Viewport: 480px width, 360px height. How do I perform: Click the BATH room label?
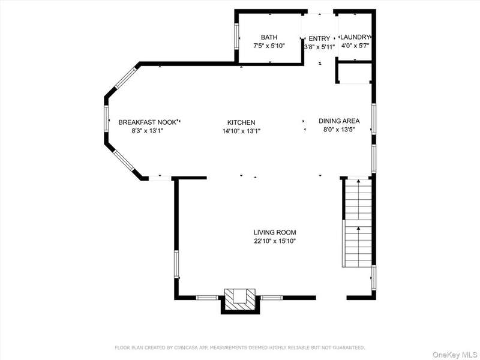(x=269, y=37)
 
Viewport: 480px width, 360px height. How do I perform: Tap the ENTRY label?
(x=319, y=38)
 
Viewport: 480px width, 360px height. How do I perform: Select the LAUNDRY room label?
(x=355, y=37)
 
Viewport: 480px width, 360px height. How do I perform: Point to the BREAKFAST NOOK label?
(x=147, y=122)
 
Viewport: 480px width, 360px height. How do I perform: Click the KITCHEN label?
(x=241, y=122)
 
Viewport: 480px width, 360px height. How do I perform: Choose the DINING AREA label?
(x=339, y=121)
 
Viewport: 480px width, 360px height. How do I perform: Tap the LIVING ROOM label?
(x=275, y=232)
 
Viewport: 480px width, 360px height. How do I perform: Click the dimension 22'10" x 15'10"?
(x=275, y=241)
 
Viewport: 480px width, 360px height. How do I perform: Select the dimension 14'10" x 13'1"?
(x=241, y=131)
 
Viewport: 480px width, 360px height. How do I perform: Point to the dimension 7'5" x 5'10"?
(x=269, y=46)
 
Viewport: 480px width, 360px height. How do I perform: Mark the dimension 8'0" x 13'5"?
(x=339, y=130)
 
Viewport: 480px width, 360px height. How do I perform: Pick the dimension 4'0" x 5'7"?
(x=355, y=46)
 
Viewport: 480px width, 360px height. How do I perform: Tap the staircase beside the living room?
(x=358, y=223)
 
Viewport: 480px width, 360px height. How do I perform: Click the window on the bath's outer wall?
(x=236, y=36)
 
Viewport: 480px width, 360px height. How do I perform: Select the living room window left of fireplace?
(x=207, y=297)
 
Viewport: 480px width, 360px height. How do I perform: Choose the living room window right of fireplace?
(x=272, y=297)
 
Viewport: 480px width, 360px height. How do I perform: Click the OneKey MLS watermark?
(x=455, y=355)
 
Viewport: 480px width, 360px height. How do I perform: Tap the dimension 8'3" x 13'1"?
(x=147, y=131)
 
